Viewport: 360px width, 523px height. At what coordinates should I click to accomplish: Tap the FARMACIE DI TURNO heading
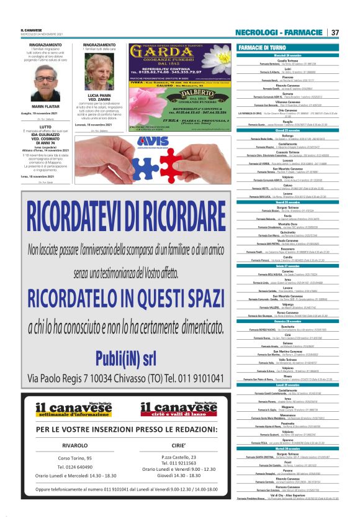click(x=263, y=48)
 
